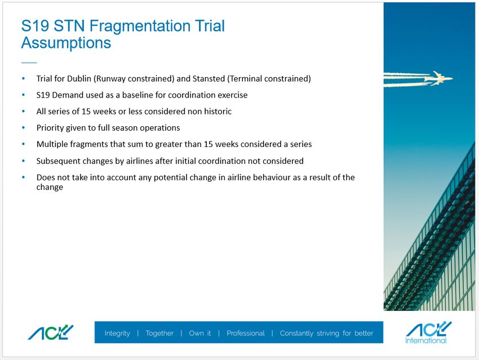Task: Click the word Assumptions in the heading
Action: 66,43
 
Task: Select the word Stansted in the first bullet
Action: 209,78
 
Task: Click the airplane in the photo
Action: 439,78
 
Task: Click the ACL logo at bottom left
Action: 50,332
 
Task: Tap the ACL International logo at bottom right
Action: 428,332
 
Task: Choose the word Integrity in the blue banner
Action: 117,333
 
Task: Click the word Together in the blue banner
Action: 159,333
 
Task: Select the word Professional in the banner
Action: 246,333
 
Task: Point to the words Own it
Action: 200,333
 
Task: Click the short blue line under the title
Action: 29,63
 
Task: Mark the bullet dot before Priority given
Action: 24,128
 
